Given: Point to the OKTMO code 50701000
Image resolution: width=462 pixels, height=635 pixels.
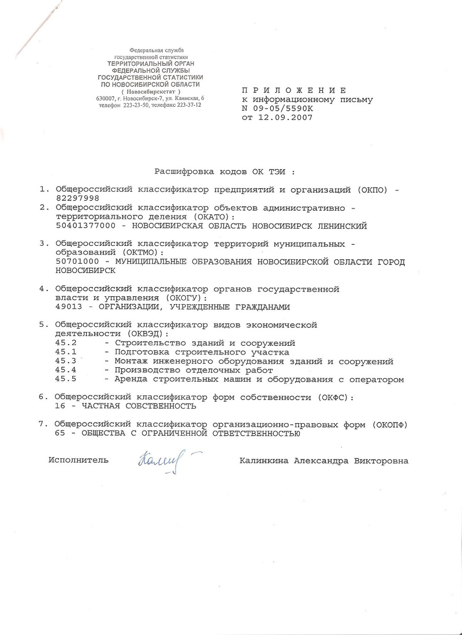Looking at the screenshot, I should tap(76, 262).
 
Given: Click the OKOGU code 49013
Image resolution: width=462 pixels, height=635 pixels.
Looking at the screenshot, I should tap(68, 307).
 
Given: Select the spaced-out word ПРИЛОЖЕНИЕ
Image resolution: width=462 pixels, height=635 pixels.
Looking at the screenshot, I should tap(293, 91).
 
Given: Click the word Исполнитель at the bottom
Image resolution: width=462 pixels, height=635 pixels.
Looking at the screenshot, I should tap(79, 461).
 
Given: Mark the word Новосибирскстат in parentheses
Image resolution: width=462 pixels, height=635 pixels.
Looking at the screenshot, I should tap(151, 92).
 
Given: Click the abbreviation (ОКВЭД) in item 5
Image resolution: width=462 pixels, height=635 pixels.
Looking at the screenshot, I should tap(144, 334).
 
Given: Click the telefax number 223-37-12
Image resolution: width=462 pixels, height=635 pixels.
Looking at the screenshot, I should tap(193, 106).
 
